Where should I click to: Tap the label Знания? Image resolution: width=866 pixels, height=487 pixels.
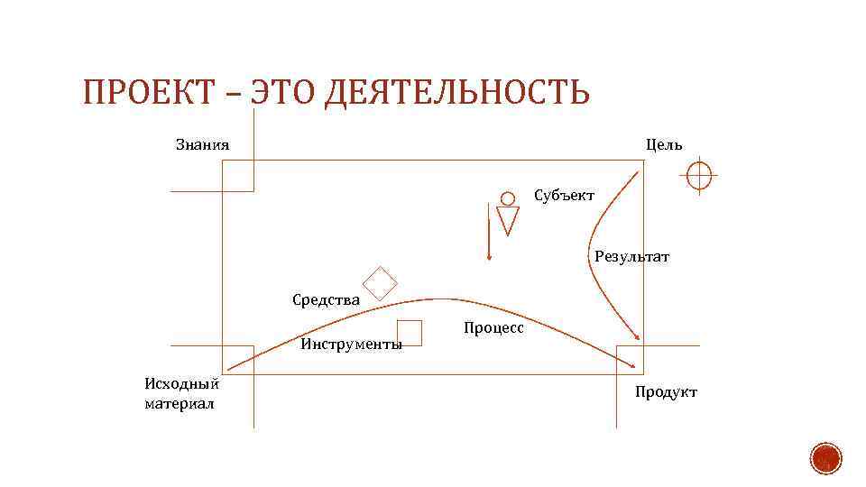[x=202, y=144]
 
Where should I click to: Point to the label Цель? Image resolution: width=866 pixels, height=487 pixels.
[x=664, y=144]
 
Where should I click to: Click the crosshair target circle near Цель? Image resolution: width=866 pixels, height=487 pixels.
[x=699, y=175]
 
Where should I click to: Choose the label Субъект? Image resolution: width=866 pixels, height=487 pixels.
[x=564, y=195]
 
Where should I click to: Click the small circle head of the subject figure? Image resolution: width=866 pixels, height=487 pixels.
[x=508, y=198]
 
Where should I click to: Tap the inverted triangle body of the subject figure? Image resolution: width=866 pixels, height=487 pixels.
[x=509, y=219]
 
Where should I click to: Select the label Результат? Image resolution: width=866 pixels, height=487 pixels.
[x=632, y=257]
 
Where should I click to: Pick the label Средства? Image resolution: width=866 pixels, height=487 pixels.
[x=327, y=299]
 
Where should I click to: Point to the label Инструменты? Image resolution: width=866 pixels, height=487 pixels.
[x=352, y=344]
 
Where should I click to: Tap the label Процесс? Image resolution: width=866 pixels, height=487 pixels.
[x=493, y=328]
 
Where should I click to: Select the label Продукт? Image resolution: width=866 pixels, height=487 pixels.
[x=666, y=391]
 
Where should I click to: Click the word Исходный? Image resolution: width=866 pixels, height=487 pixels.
[x=181, y=383]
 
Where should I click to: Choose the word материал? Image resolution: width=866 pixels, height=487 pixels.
[x=180, y=403]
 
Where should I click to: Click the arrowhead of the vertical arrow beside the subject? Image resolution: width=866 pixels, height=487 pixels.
[x=488, y=257]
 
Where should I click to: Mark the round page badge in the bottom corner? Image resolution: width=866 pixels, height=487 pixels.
[x=825, y=459]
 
